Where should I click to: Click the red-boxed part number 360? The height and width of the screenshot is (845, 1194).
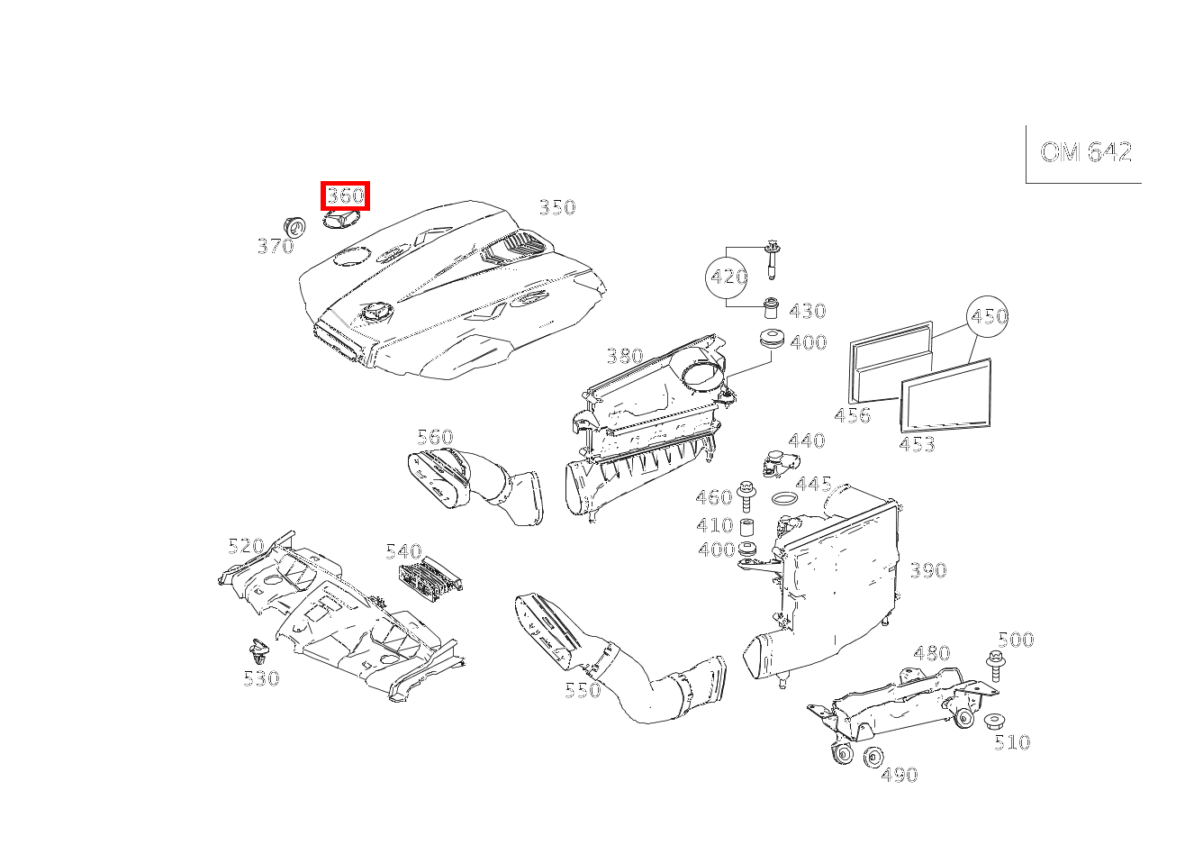click(x=345, y=195)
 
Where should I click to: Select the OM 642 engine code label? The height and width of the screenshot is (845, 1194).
click(x=1085, y=152)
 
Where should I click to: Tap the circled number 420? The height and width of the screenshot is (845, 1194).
click(x=728, y=277)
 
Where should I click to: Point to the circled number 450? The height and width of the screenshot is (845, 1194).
click(x=988, y=316)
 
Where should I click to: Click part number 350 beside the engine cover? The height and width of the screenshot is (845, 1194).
click(x=556, y=208)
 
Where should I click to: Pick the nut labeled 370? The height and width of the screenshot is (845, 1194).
click(x=293, y=226)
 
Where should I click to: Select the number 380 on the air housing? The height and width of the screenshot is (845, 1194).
click(x=624, y=356)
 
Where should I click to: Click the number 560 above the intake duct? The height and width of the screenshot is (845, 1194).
click(x=435, y=438)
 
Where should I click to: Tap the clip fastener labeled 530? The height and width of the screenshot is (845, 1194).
click(x=259, y=650)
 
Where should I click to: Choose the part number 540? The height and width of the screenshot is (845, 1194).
click(x=403, y=551)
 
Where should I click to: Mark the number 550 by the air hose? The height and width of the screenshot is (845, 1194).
click(x=583, y=691)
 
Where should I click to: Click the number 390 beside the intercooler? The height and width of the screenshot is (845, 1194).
click(x=927, y=570)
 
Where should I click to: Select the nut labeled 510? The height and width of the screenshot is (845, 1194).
click(x=994, y=722)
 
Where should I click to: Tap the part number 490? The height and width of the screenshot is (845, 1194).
click(x=899, y=775)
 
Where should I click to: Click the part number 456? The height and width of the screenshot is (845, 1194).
click(x=852, y=415)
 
